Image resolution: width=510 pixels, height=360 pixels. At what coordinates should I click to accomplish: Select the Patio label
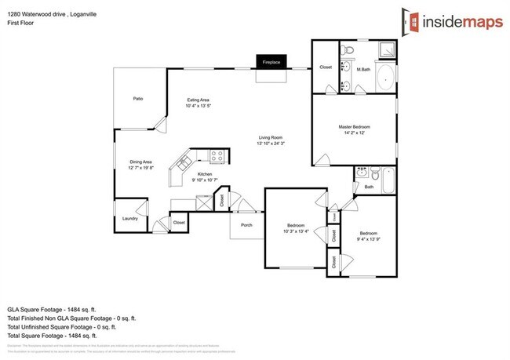(x=137, y=99)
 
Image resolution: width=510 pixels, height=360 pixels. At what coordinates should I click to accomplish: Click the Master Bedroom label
(x=354, y=127)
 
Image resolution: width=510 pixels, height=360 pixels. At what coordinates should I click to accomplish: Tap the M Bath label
(x=363, y=68)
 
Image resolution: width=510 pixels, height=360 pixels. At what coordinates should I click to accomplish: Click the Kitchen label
(x=204, y=173)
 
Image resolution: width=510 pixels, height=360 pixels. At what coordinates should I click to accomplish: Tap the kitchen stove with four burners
(x=217, y=155)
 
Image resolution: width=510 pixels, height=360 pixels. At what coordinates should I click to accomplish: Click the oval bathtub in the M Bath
(x=386, y=78)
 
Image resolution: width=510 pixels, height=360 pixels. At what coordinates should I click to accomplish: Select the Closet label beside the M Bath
(x=326, y=67)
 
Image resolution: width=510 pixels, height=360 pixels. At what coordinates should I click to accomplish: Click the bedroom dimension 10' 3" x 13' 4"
(x=295, y=231)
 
